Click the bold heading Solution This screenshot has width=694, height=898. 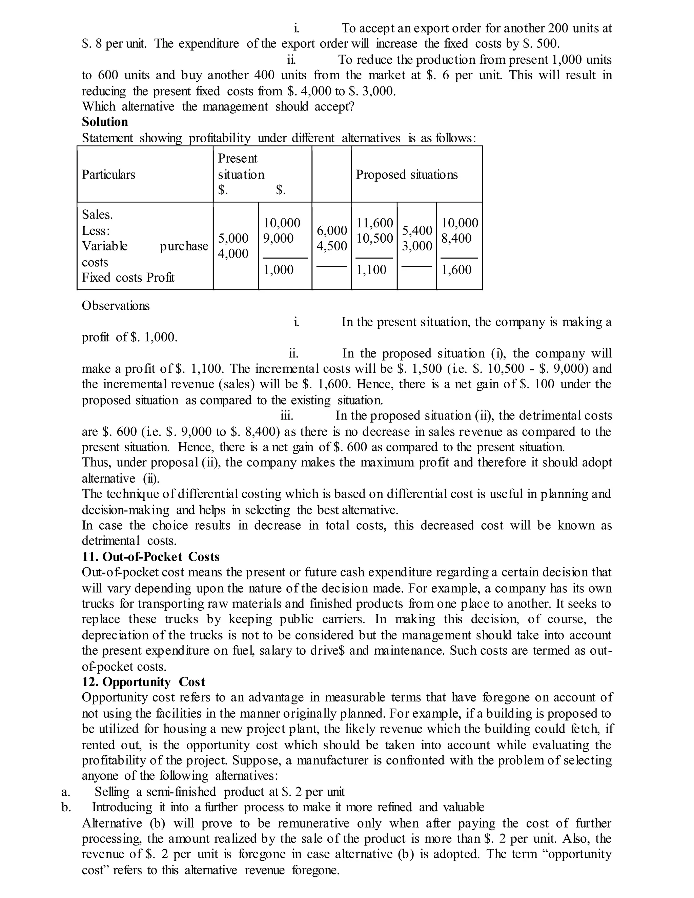pos(105,122)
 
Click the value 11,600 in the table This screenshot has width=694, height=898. pos(374,223)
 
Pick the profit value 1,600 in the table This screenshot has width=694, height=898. pos(456,270)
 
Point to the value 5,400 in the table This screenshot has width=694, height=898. pos(416,230)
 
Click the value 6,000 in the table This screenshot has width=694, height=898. pos(331,230)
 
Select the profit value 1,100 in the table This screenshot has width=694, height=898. pos(371,270)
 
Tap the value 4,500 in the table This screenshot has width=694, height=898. pos(331,246)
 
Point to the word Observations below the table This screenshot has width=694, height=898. pos(116,306)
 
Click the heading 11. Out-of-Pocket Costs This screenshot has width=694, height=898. pos(150,556)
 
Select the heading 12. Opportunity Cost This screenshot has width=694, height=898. pos(143,682)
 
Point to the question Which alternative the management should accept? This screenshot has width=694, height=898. pos(218,106)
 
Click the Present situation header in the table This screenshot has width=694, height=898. pos(241,166)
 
